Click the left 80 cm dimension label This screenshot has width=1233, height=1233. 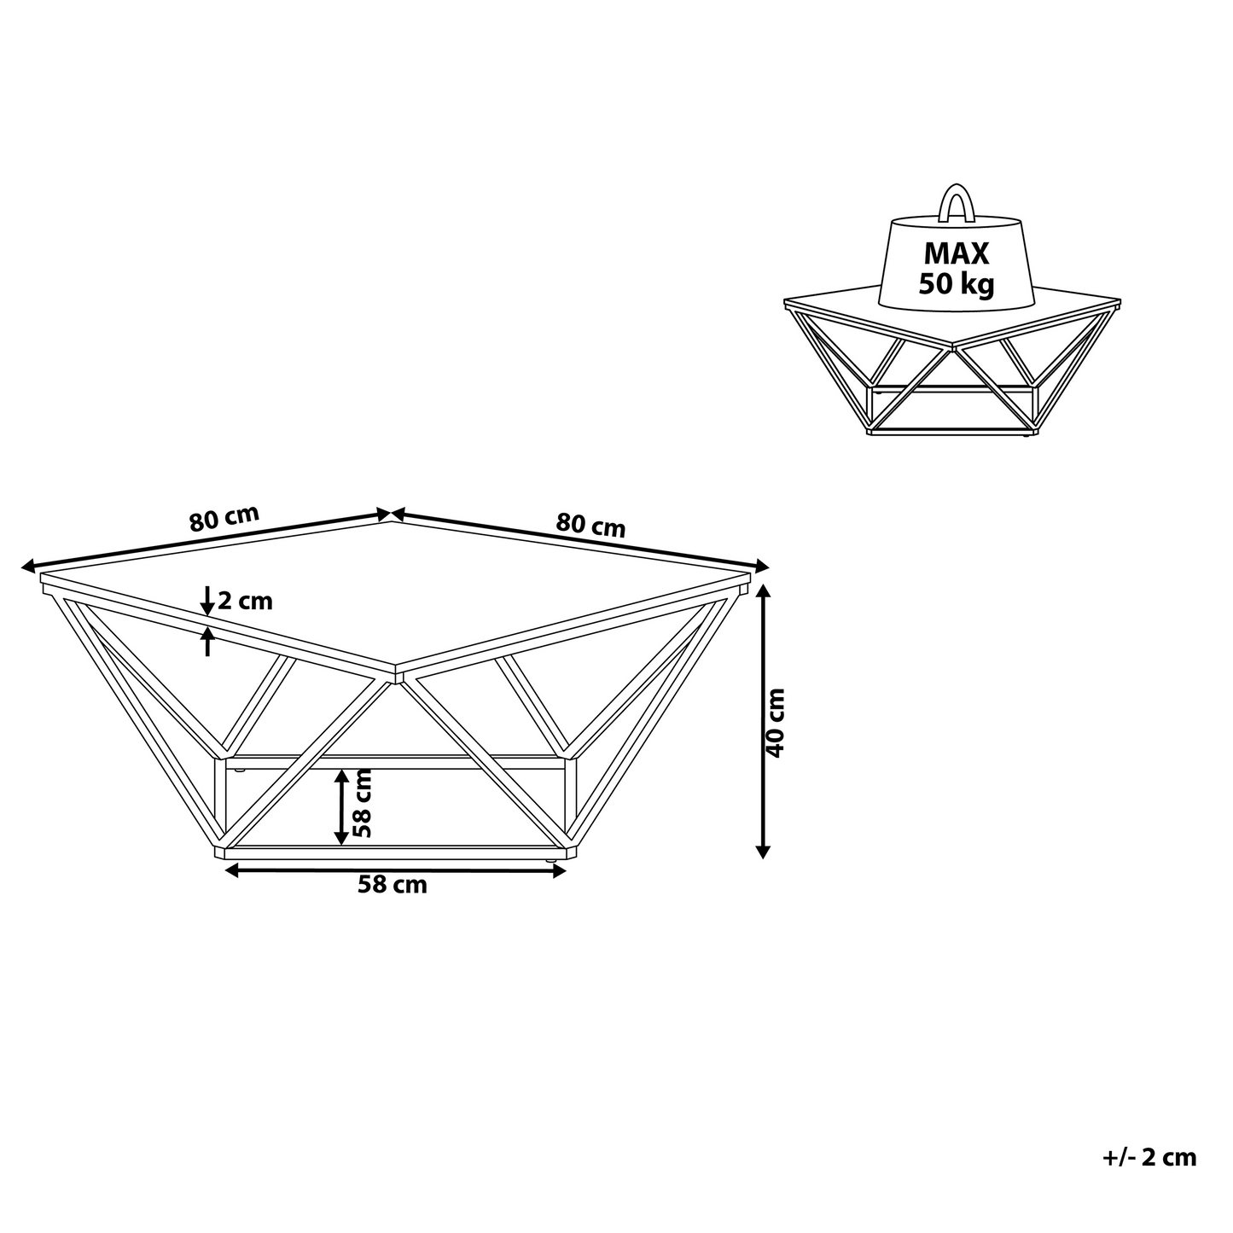[x=224, y=518]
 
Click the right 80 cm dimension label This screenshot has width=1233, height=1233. [x=590, y=526]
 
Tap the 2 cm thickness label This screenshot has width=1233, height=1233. [x=245, y=601]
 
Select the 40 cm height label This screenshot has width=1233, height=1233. [x=776, y=723]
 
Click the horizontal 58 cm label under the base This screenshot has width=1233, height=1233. [x=393, y=885]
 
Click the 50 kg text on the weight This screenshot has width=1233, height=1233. [x=957, y=285]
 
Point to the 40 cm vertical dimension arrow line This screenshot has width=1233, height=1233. [x=763, y=720]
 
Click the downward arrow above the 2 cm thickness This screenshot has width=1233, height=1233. [x=207, y=600]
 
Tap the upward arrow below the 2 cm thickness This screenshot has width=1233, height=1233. [x=207, y=641]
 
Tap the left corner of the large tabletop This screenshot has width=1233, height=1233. [x=40, y=574]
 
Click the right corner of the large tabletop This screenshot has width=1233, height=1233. [x=750, y=574]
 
